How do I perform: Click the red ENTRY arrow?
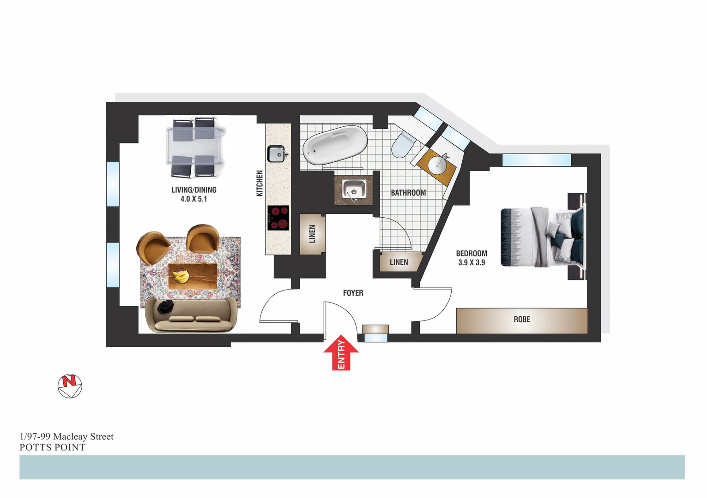tap(341, 352)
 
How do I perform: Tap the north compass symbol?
tap(70, 385)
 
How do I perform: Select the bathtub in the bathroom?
tap(335, 146)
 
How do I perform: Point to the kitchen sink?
tap(277, 154)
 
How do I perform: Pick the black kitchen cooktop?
tap(278, 218)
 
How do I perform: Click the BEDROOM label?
tap(471, 253)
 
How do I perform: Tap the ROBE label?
tap(522, 320)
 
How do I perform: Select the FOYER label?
tap(353, 293)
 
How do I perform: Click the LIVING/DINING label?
tap(194, 190)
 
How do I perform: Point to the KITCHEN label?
tap(260, 183)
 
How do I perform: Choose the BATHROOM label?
tap(408, 193)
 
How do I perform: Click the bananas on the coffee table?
tap(181, 276)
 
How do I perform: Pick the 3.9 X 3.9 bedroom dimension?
tap(471, 263)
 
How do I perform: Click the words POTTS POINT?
tap(53, 447)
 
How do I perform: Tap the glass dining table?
tap(194, 147)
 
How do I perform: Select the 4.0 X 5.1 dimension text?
tap(194, 199)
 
